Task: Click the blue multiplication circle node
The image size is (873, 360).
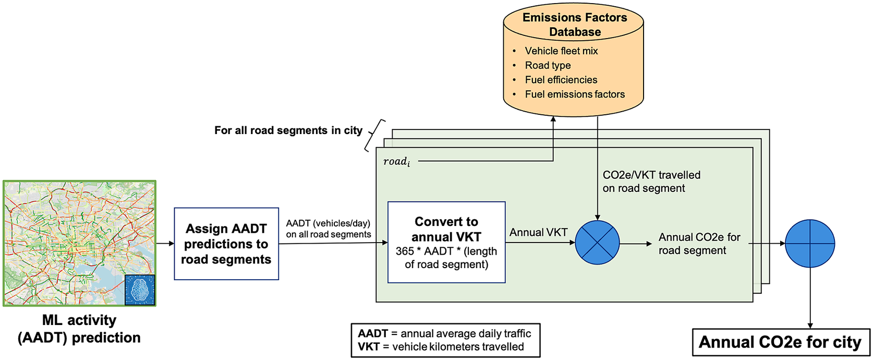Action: click(x=597, y=243)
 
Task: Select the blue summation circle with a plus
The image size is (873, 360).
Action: click(x=810, y=243)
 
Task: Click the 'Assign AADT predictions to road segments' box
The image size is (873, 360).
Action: click(x=226, y=244)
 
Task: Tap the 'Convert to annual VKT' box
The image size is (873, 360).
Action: click(x=446, y=242)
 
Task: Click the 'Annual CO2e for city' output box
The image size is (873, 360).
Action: click(x=781, y=342)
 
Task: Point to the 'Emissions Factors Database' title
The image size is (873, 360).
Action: click(x=575, y=25)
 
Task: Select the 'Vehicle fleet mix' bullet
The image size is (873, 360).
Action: click(x=561, y=51)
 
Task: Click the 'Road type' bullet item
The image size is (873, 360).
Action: click(x=548, y=65)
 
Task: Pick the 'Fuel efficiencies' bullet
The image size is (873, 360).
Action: click(x=561, y=80)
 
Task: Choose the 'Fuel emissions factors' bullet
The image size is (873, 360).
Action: click(x=575, y=94)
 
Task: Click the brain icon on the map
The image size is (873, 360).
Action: click(x=140, y=290)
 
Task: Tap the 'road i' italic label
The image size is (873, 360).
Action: click(x=396, y=162)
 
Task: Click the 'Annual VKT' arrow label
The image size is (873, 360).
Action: click(x=538, y=233)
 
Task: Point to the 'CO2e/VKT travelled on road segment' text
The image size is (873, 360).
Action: click(x=651, y=182)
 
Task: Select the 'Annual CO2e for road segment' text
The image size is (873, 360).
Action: click(x=699, y=244)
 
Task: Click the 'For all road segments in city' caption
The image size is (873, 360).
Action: click(x=288, y=130)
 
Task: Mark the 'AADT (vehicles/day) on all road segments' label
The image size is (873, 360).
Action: click(x=329, y=229)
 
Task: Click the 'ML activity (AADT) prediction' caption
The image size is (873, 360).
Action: click(x=79, y=329)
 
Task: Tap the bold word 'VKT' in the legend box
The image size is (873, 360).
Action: click(x=369, y=347)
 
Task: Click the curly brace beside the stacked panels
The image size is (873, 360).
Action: click(x=374, y=135)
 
